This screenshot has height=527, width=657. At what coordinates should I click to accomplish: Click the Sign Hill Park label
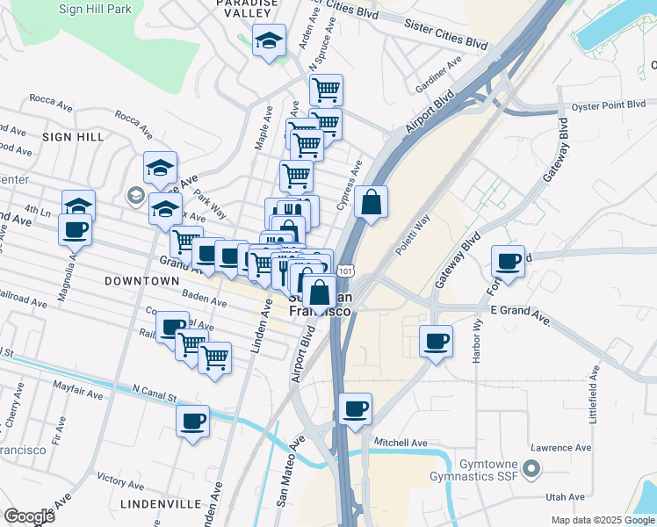(x=95, y=10)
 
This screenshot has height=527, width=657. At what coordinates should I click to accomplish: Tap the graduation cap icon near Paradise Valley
(x=270, y=40)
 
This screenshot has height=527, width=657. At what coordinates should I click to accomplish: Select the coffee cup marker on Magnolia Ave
(x=75, y=230)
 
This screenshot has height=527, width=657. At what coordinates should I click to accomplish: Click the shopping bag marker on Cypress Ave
(x=372, y=202)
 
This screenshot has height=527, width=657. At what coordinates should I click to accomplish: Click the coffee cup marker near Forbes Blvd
(x=509, y=261)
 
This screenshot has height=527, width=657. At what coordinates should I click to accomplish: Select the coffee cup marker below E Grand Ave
(x=437, y=341)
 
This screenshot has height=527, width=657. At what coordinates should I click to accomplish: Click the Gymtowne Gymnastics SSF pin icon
(x=530, y=469)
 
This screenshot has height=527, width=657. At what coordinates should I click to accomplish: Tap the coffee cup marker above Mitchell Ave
(x=355, y=408)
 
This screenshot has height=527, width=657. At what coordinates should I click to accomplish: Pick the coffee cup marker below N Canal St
(x=193, y=421)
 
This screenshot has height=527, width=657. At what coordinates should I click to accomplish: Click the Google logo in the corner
(x=29, y=516)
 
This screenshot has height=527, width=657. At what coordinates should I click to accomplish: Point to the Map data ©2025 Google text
(x=602, y=520)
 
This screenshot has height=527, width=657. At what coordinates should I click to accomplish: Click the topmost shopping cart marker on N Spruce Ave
(x=326, y=89)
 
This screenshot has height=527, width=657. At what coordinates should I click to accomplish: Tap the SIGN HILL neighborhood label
(x=71, y=137)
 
